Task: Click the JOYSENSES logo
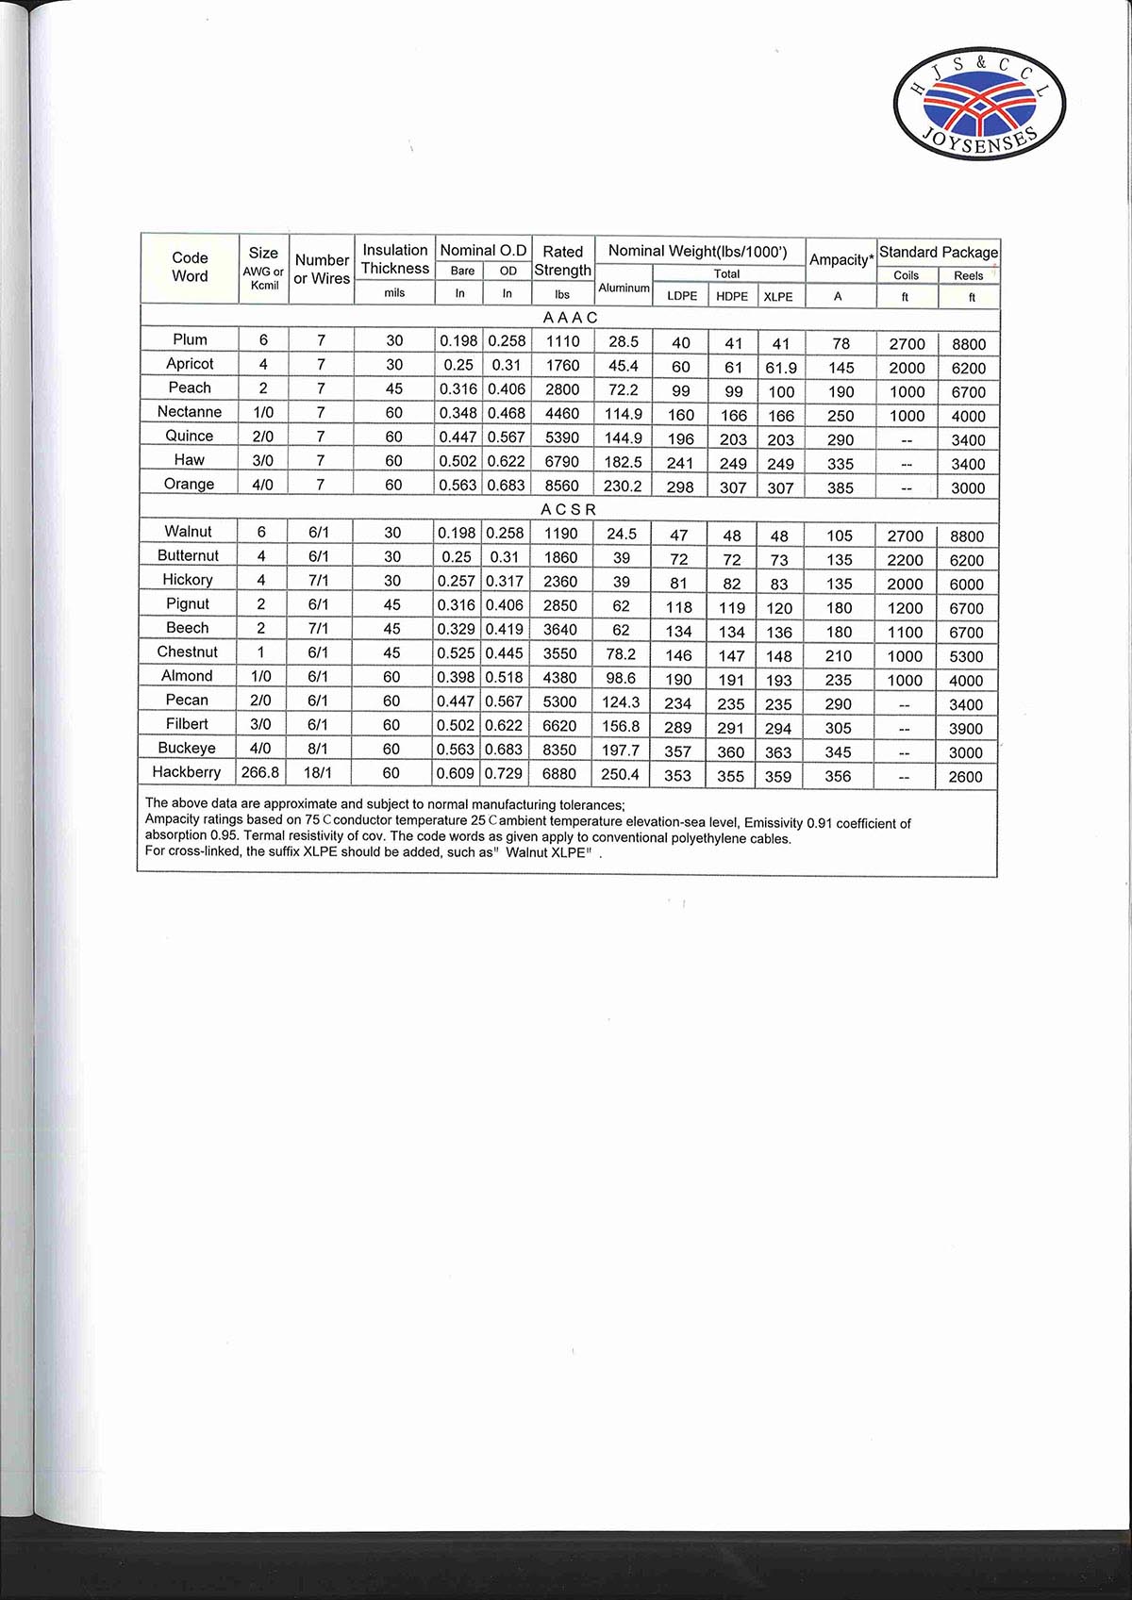978,105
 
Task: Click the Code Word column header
190,267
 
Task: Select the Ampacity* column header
841,259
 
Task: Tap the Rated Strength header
563,261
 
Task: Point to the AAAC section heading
570,318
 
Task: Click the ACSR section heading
568,509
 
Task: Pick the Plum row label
190,339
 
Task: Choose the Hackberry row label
186,772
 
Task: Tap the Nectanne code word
190,412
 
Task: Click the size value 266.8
260,772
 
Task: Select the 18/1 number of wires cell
318,772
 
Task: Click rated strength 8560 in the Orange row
562,486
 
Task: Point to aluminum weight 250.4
620,774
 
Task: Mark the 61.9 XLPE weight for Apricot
781,369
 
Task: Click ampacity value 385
840,488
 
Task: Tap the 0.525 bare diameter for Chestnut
456,653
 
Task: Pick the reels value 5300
966,657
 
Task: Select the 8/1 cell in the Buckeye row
318,749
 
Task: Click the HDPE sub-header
732,296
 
